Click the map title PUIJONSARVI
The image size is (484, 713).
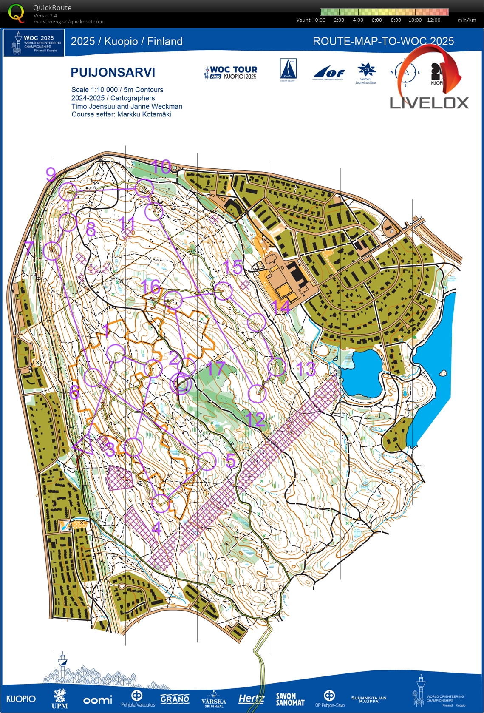pyautogui.click(x=113, y=72)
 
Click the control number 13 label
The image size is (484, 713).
pyautogui.click(x=306, y=369)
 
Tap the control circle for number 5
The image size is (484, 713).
pyautogui.click(x=207, y=461)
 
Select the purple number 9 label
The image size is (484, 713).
pyautogui.click(x=51, y=174)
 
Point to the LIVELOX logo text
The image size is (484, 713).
pyautogui.click(x=429, y=103)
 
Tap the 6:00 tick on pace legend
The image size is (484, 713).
pyautogui.click(x=376, y=20)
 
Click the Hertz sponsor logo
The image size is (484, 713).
pyautogui.click(x=251, y=699)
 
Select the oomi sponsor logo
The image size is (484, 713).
pyautogui.click(x=98, y=700)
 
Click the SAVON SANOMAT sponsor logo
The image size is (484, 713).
pyautogui.click(x=290, y=699)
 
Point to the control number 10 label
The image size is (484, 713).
pyautogui.click(x=161, y=167)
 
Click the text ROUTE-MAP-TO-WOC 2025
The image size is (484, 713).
pyautogui.click(x=383, y=41)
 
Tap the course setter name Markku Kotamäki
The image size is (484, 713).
pyautogui.click(x=144, y=114)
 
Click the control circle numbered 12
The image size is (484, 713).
pyautogui.click(x=257, y=394)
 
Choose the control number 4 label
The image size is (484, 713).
pyautogui.click(x=157, y=528)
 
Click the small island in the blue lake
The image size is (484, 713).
pyautogui.click(x=443, y=373)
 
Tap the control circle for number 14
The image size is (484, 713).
pyautogui.click(x=256, y=322)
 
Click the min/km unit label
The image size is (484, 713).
pyautogui.click(x=467, y=20)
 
